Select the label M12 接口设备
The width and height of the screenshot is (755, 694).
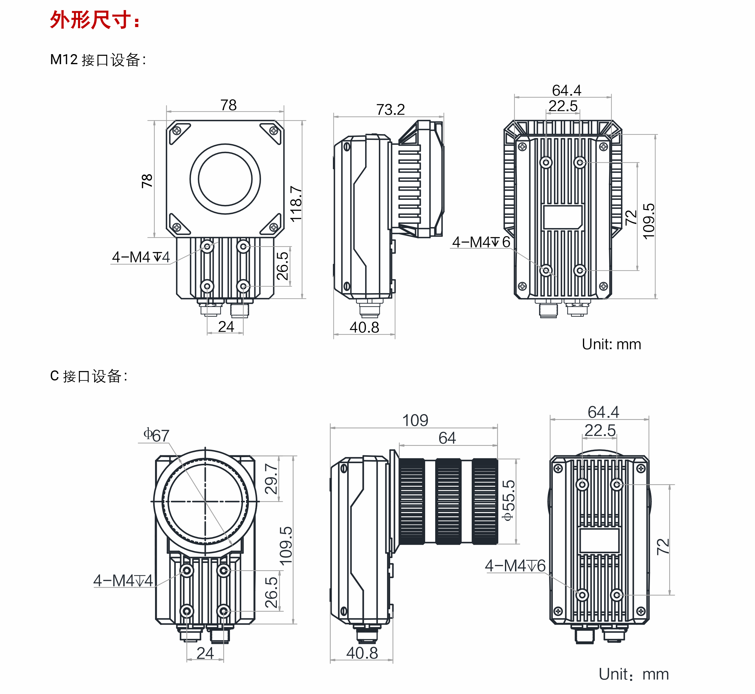pyautogui.click(x=98, y=60)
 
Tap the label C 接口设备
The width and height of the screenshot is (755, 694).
pyautogui.click(x=89, y=376)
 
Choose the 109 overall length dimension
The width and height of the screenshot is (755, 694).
pyautogui.click(x=415, y=420)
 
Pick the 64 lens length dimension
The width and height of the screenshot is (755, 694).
pyautogui.click(x=447, y=438)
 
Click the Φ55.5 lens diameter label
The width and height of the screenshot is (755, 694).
pyautogui.click(x=508, y=500)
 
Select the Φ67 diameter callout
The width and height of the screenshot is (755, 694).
pyautogui.click(x=157, y=435)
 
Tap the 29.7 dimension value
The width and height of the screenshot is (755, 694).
pyautogui.click(x=271, y=478)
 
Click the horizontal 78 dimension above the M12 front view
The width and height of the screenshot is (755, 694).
pyautogui.click(x=228, y=105)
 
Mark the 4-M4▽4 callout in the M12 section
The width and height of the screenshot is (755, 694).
pyautogui.click(x=141, y=257)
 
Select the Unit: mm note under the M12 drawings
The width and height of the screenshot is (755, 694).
pyautogui.click(x=611, y=344)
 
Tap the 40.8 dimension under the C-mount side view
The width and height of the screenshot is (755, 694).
pyautogui.click(x=362, y=653)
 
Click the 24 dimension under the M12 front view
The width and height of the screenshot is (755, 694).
pyautogui.click(x=226, y=327)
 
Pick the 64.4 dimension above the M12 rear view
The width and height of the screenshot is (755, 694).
pyautogui.click(x=566, y=90)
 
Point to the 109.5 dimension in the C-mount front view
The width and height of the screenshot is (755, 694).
pyautogui.click(x=286, y=545)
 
